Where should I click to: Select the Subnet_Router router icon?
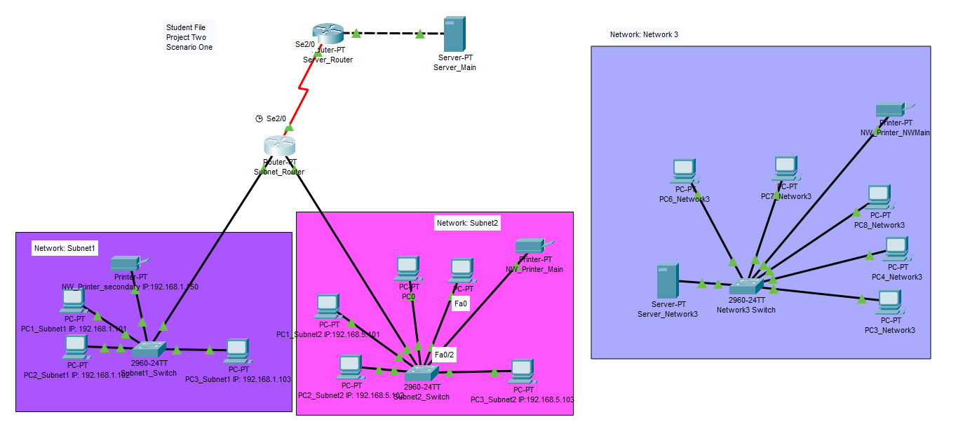tap(280, 145)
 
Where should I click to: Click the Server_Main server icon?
tap(454, 33)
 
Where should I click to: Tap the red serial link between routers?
tap(300, 91)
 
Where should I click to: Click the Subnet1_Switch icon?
tap(149, 348)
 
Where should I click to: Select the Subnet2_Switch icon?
tap(422, 372)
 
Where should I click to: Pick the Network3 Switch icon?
tap(746, 287)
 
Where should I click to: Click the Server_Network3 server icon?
tap(667, 281)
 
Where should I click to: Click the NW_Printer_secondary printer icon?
tap(127, 263)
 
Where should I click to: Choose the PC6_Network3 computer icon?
tap(683, 169)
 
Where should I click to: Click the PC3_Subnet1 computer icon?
tap(237, 349)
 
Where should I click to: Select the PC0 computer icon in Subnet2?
tap(407, 267)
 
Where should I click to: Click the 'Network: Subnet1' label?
tap(65, 248)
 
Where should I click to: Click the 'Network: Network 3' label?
tap(644, 34)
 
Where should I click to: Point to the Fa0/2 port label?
tap(445, 355)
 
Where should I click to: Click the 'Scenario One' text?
tap(189, 48)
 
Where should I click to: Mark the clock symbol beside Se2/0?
tap(259, 118)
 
